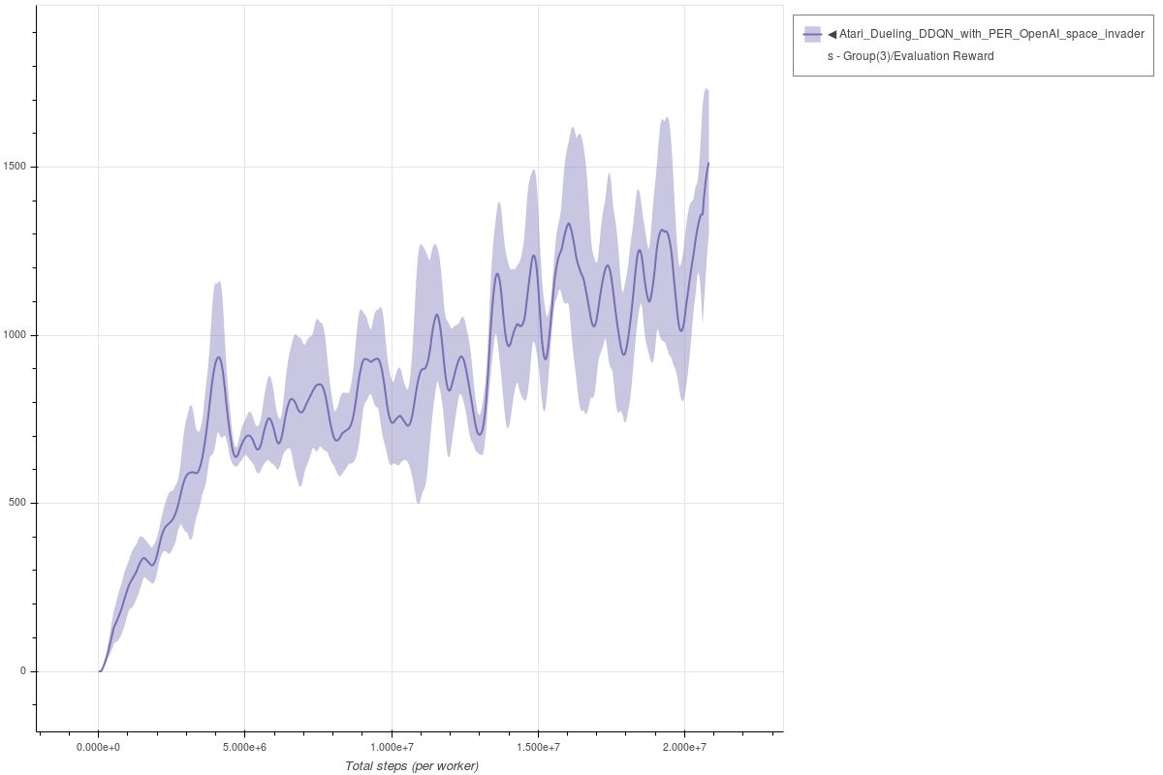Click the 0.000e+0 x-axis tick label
point(98,748)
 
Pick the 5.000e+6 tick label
point(244,748)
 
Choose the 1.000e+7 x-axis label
point(392,748)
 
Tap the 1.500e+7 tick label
point(538,748)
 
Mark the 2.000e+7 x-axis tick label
point(684,748)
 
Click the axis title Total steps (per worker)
point(411,766)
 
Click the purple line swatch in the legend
point(812,35)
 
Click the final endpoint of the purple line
point(708,163)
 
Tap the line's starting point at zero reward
point(99,671)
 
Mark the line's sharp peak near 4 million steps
point(219,357)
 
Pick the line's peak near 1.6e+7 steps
point(569,224)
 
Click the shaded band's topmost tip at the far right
point(707,89)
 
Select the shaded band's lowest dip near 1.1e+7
point(418,503)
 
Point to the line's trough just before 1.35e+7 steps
point(480,434)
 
